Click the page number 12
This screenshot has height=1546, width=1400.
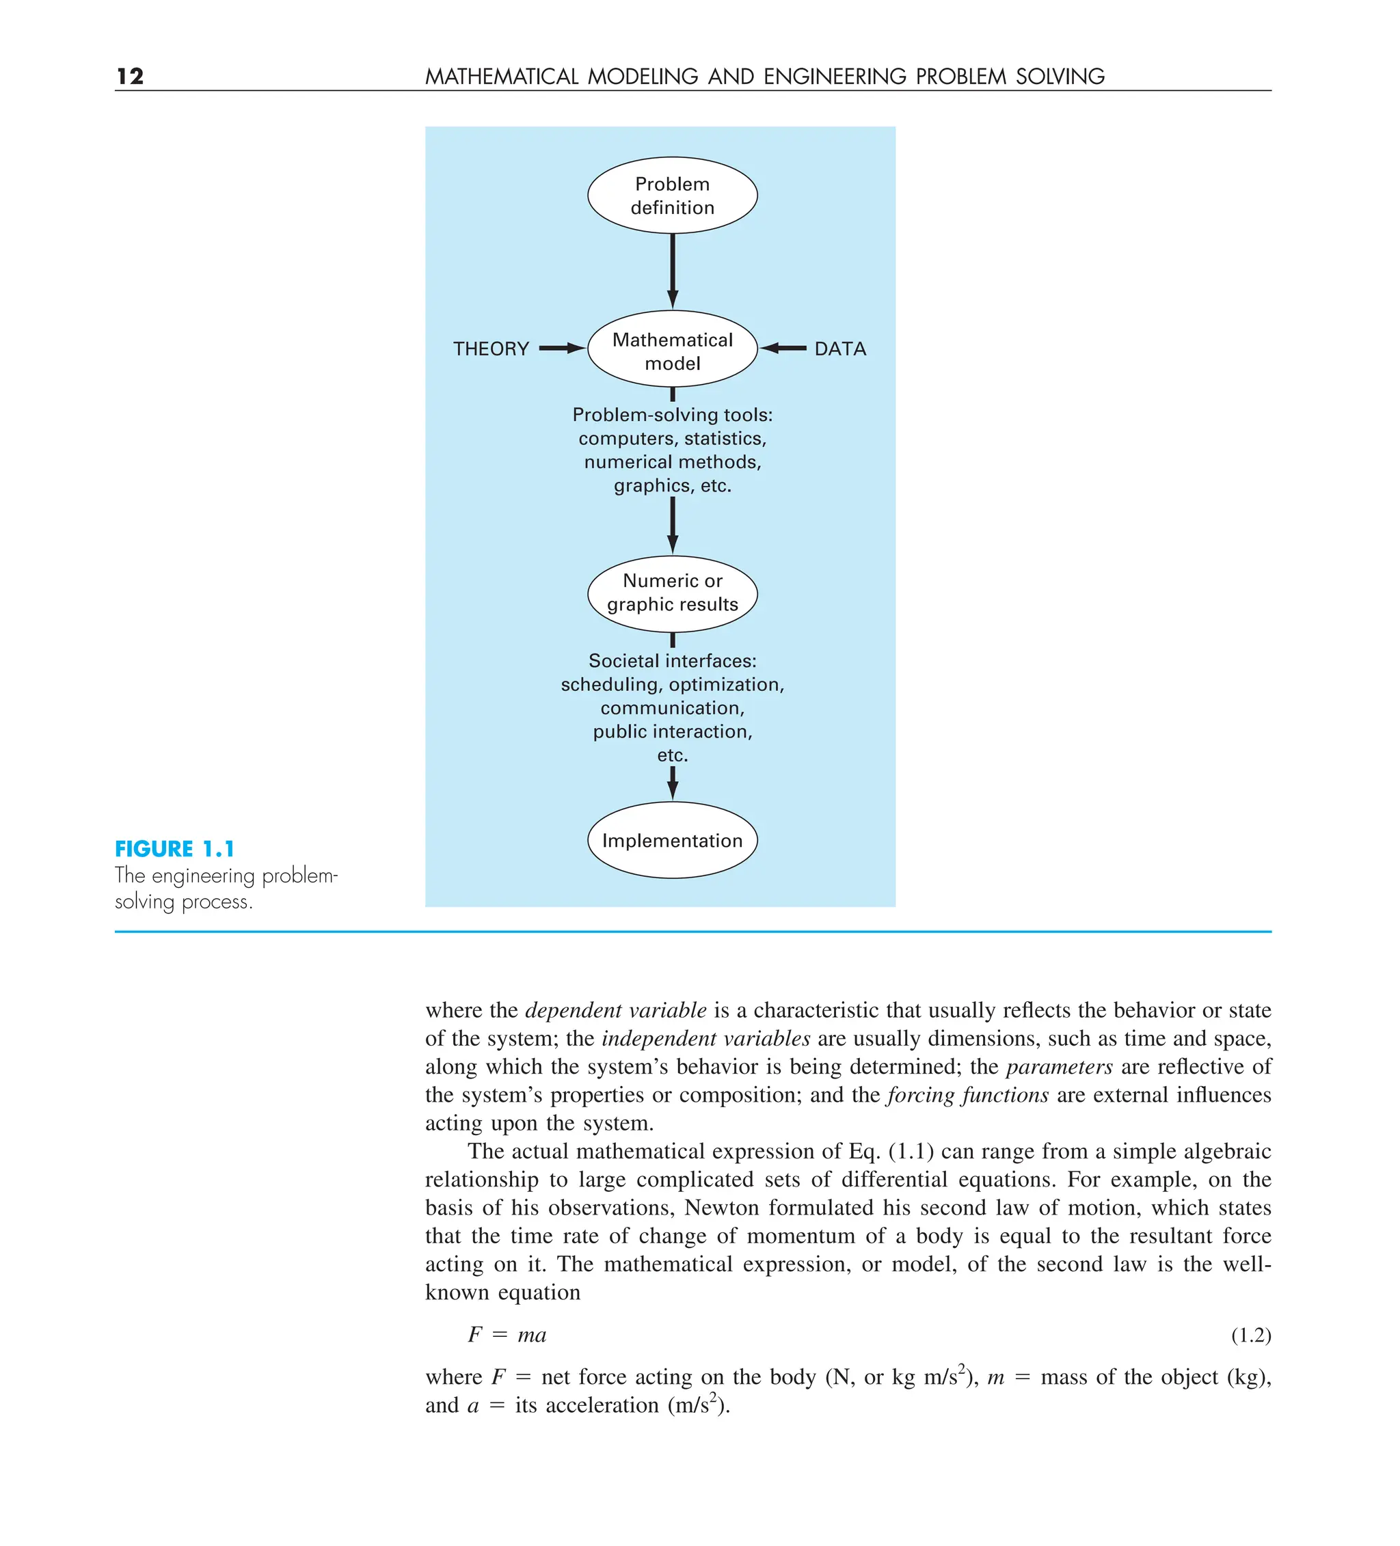point(131,76)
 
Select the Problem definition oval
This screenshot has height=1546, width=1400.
point(672,195)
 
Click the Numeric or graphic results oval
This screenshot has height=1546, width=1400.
point(672,593)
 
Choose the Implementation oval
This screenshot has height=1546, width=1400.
point(672,840)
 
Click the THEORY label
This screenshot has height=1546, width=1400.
point(491,349)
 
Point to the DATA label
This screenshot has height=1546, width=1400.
point(840,349)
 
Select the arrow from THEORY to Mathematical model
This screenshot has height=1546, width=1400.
point(561,348)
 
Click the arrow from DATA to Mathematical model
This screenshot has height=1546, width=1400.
point(783,348)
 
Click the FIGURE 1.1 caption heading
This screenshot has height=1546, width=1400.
point(175,849)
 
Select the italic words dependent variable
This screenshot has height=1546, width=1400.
point(615,1010)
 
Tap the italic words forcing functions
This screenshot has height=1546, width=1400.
point(967,1094)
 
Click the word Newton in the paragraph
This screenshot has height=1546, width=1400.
point(721,1207)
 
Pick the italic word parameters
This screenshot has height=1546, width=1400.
point(1059,1067)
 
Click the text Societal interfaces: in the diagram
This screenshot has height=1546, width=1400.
point(672,660)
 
